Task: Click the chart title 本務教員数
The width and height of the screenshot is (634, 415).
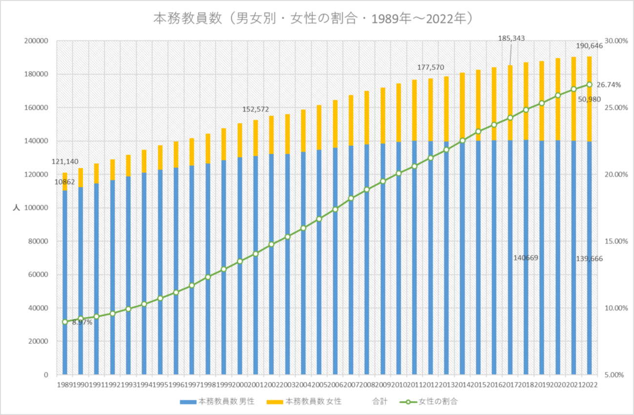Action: [313, 19]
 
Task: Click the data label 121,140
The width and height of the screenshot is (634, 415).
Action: [65, 162]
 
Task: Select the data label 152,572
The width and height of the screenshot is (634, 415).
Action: [256, 109]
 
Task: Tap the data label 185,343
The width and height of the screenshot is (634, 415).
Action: [511, 38]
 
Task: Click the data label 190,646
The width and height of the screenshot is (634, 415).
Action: [590, 46]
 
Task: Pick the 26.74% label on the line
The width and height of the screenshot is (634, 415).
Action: [609, 84]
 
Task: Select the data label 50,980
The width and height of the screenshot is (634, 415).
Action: [589, 99]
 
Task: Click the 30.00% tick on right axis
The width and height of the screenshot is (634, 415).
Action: [615, 41]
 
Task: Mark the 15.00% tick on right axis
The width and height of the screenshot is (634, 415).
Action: [615, 241]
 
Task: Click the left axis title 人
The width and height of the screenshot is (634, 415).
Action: [16, 208]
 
